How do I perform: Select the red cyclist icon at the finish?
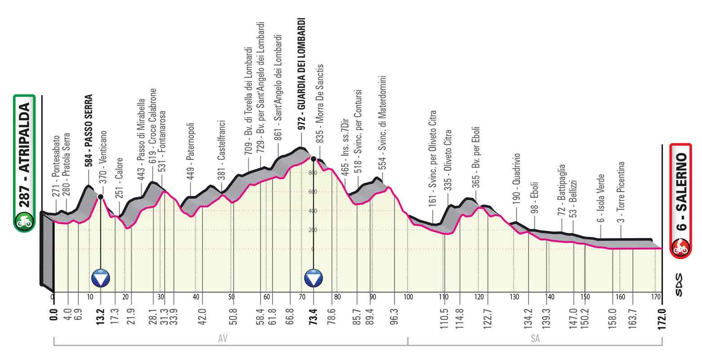pos(680,247)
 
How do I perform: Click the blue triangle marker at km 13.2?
pos(100,279)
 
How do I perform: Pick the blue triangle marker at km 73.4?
pos(314,279)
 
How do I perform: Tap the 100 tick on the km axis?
pos(408,297)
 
